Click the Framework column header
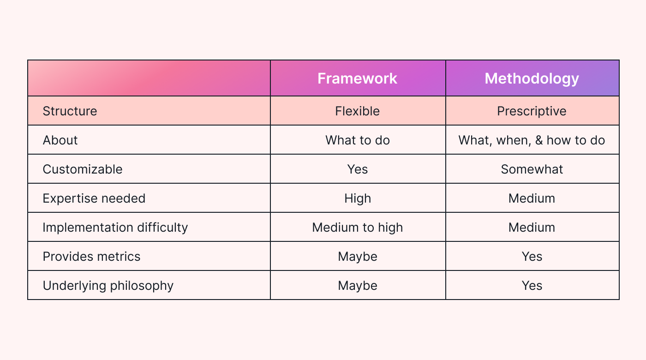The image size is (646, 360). pyautogui.click(x=357, y=78)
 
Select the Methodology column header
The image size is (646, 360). pyautogui.click(x=532, y=78)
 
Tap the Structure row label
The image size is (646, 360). pyautogui.click(x=70, y=111)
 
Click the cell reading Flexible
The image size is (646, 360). pyautogui.click(x=358, y=111)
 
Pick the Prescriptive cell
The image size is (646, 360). pyautogui.click(x=532, y=111)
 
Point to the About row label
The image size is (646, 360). pyautogui.click(x=60, y=140)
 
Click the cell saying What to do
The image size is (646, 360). pyautogui.click(x=358, y=140)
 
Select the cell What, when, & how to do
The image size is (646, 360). pyautogui.click(x=532, y=140)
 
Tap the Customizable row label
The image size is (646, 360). pyautogui.click(x=83, y=169)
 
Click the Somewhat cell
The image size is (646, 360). pyautogui.click(x=532, y=169)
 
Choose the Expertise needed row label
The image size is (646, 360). pyautogui.click(x=94, y=198)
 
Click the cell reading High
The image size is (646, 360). pyautogui.click(x=358, y=198)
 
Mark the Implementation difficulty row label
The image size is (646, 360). pyautogui.click(x=115, y=228)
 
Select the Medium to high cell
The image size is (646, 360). pyautogui.click(x=358, y=228)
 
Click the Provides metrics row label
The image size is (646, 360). pyautogui.click(x=91, y=257)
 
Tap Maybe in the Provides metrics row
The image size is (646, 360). pyautogui.click(x=358, y=257)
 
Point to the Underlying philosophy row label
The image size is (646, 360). pyautogui.click(x=108, y=286)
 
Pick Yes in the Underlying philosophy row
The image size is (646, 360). pyautogui.click(x=532, y=286)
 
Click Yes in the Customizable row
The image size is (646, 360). pyautogui.click(x=358, y=169)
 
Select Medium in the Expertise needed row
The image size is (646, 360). pyautogui.click(x=532, y=198)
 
